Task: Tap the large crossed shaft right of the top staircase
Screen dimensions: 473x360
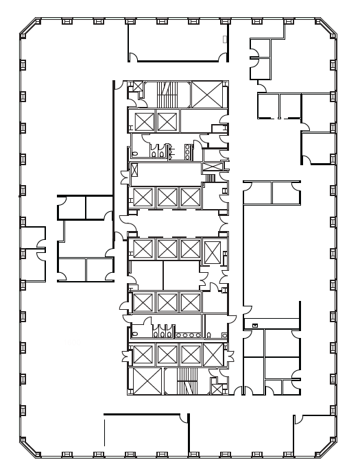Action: coord(207,95)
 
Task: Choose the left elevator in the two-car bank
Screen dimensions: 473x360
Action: coord(145,122)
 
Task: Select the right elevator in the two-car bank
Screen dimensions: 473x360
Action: coord(167,122)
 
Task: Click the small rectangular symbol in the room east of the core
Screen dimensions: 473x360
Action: coord(255,324)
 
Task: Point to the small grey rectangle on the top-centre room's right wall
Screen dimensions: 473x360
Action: coord(224,40)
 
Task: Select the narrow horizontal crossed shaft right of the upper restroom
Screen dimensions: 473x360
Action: coord(213,167)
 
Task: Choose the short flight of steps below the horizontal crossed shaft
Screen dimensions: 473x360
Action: coord(211,178)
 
